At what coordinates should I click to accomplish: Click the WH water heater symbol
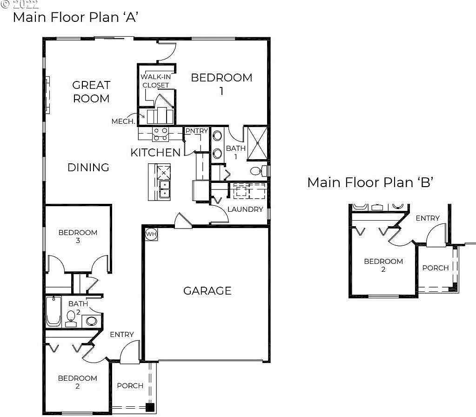pyautogui.click(x=151, y=234)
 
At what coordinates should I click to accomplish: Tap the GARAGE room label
pyautogui.click(x=208, y=291)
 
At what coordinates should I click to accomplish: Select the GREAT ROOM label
pyautogui.click(x=91, y=92)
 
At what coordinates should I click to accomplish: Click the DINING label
pyautogui.click(x=88, y=168)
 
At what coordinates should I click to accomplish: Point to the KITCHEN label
pyautogui.click(x=155, y=153)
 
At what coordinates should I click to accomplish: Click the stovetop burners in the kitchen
pyautogui.click(x=161, y=134)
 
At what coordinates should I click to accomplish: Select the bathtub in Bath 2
pyautogui.click(x=54, y=311)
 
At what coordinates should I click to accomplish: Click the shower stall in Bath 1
pyautogui.click(x=257, y=143)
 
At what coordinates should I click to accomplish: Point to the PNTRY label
pyautogui.click(x=197, y=131)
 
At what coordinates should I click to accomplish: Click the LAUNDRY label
pyautogui.click(x=245, y=209)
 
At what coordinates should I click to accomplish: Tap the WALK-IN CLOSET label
pyautogui.click(x=156, y=81)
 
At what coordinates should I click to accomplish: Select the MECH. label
pyautogui.click(x=123, y=121)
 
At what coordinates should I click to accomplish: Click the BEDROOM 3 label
pyautogui.click(x=78, y=236)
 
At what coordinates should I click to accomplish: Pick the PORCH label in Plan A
pyautogui.click(x=130, y=386)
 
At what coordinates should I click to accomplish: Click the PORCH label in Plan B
pyautogui.click(x=436, y=268)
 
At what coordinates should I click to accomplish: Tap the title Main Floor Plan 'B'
pyautogui.click(x=370, y=182)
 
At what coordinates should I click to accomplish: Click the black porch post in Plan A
pyautogui.click(x=150, y=407)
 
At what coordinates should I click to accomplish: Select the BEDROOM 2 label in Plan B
pyautogui.click(x=383, y=265)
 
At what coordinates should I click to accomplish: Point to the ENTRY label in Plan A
pyautogui.click(x=122, y=334)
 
